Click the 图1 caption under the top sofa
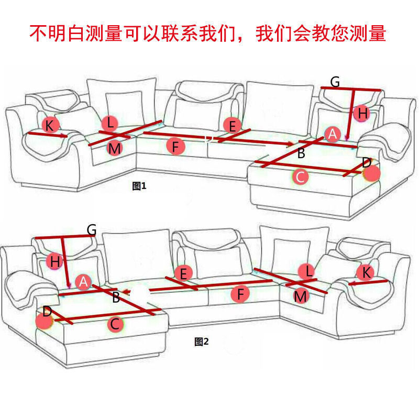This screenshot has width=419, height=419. point(140,186)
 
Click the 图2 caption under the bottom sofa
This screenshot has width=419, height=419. point(202,341)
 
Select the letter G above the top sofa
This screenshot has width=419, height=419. point(335,82)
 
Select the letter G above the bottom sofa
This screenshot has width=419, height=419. point(92,229)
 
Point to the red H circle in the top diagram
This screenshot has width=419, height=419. point(361,113)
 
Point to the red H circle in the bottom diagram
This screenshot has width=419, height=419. point(54,261)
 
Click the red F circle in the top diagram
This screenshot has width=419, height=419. point(176,147)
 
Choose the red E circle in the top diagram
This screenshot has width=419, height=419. point(231,125)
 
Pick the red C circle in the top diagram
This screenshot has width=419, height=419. point(300,177)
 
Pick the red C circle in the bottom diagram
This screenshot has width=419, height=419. point(115,324)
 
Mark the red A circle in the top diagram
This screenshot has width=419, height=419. point(332,134)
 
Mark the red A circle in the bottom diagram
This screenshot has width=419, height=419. point(84,282)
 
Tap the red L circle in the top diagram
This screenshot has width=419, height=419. point(109,124)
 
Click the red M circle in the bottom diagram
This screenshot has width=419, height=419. point(300,296)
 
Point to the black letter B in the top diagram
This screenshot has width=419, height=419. point(301,154)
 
